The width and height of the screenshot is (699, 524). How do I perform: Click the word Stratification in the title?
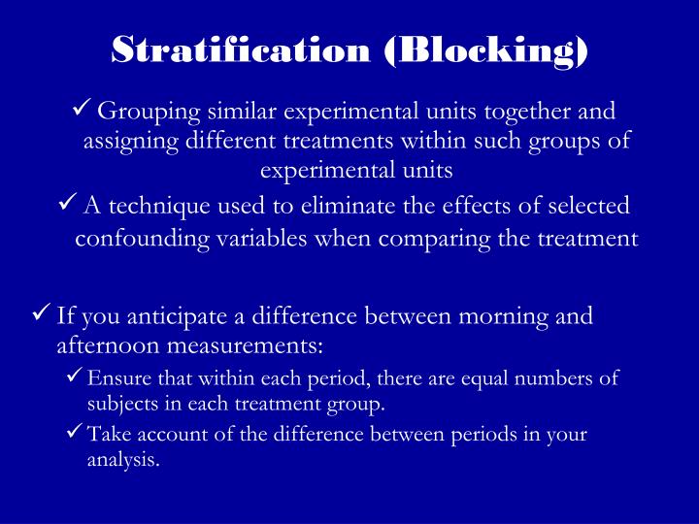(x=240, y=49)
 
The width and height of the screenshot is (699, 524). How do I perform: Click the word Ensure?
(x=114, y=378)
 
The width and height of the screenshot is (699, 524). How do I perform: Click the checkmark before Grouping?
(x=83, y=112)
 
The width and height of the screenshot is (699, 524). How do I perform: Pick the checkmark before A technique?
(x=68, y=205)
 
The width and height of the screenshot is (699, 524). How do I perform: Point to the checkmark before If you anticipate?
(x=42, y=314)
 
